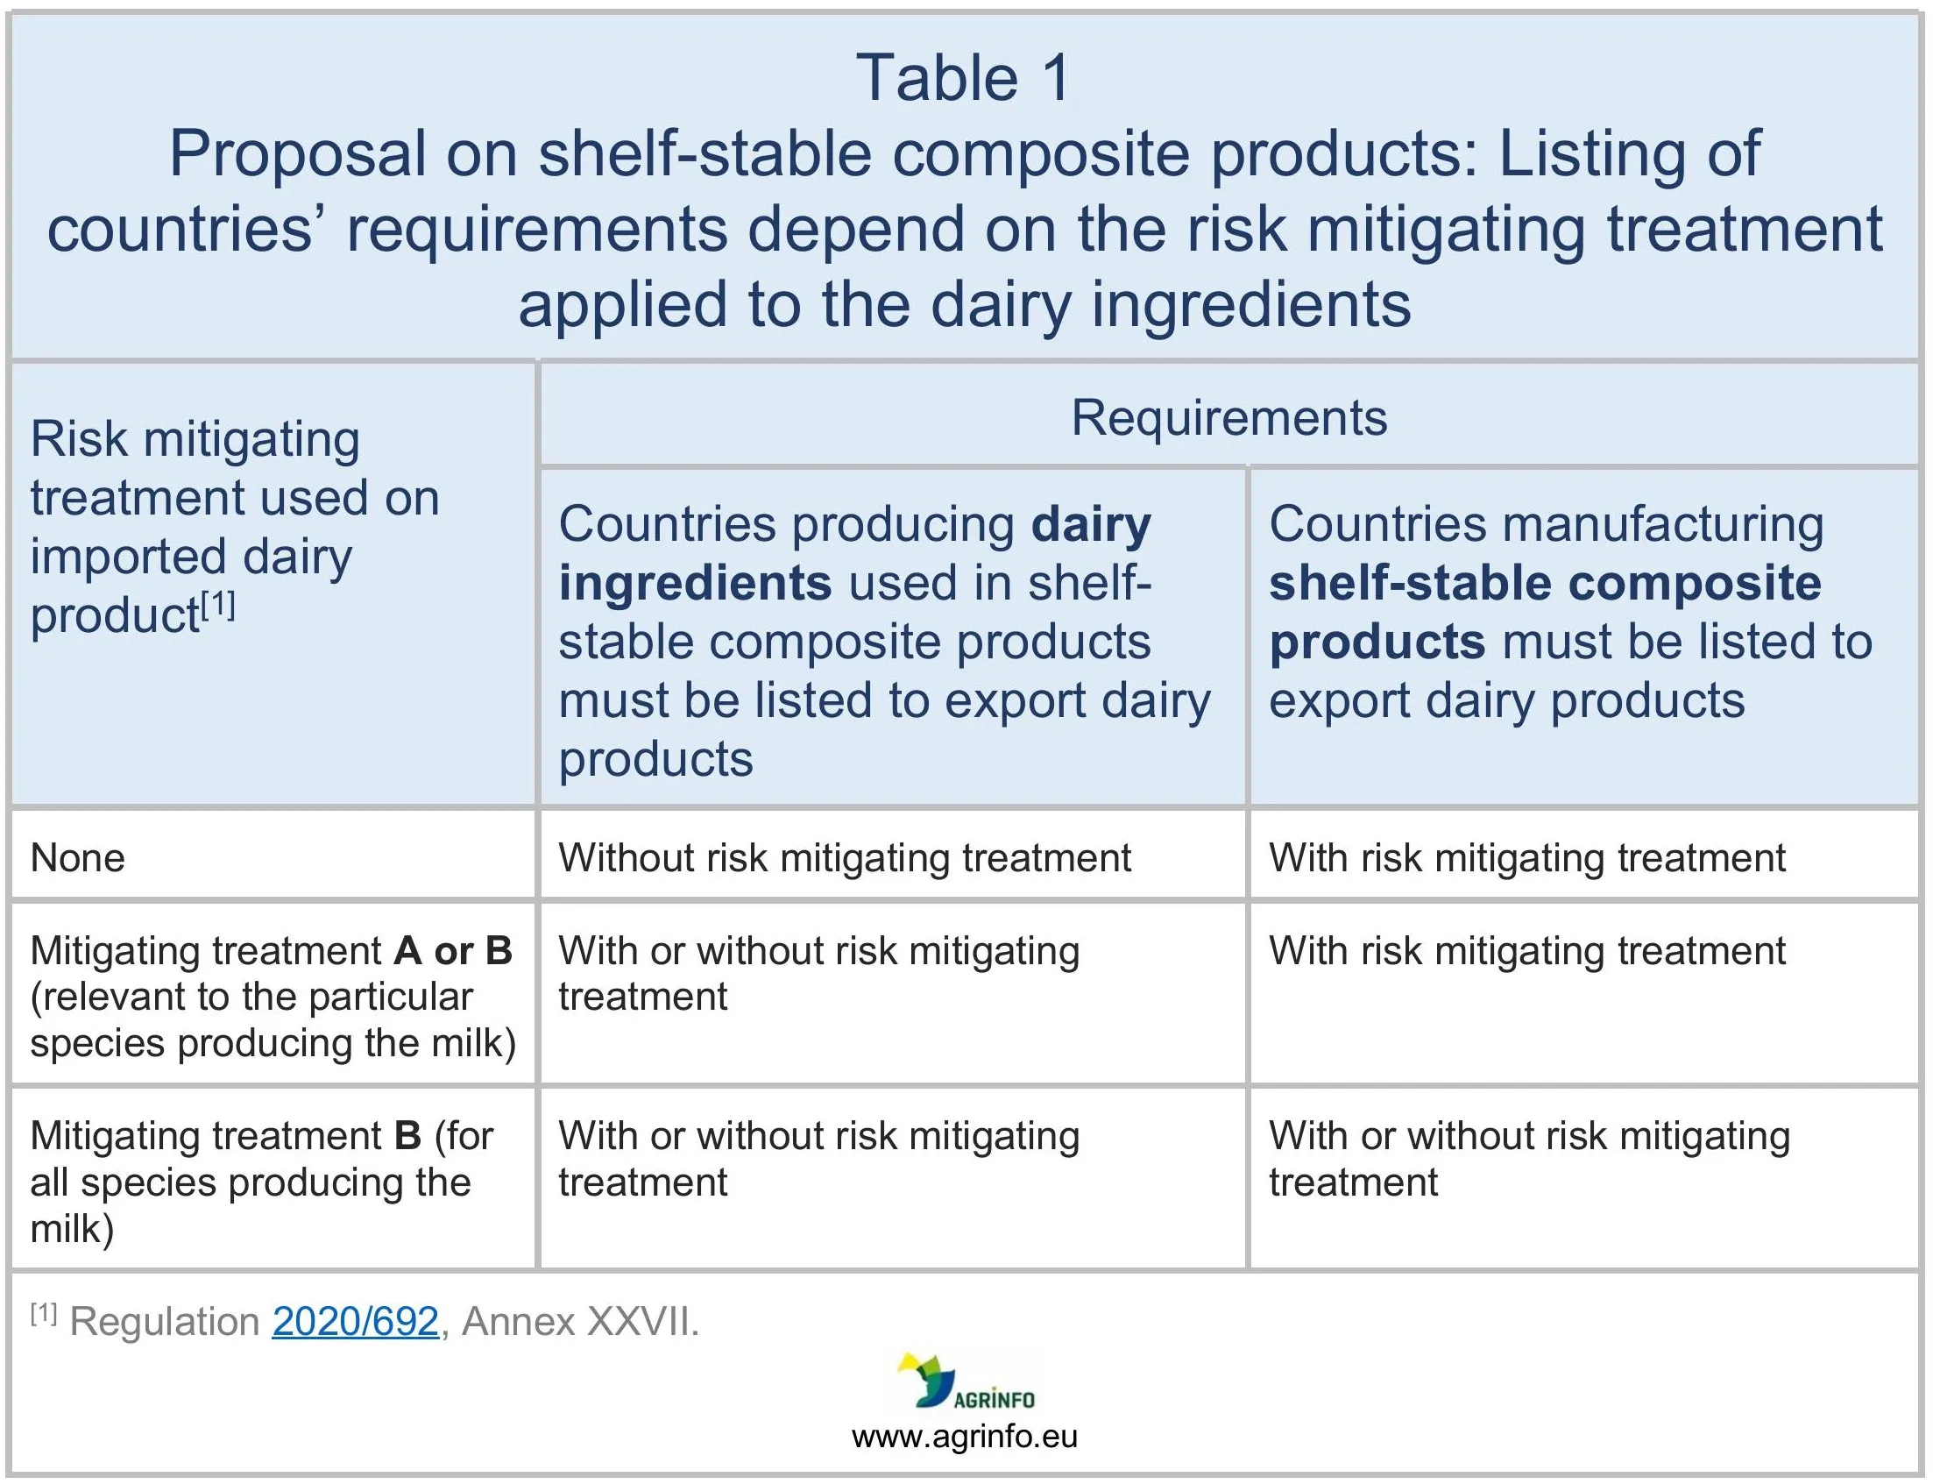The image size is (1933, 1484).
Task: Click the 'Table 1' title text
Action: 963,78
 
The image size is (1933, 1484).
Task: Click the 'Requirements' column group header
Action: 1229,417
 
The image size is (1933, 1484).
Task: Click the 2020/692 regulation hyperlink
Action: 355,1322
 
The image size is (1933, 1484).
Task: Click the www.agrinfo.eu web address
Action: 964,1437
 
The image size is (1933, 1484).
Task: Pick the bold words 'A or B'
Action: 453,951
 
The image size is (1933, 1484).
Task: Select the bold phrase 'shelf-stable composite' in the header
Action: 1546,583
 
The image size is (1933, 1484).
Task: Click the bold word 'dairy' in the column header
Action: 1092,525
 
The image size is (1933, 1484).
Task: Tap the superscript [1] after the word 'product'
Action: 218,605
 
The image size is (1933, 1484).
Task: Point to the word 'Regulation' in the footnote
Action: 164,1322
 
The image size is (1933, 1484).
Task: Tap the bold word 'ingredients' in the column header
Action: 695,584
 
